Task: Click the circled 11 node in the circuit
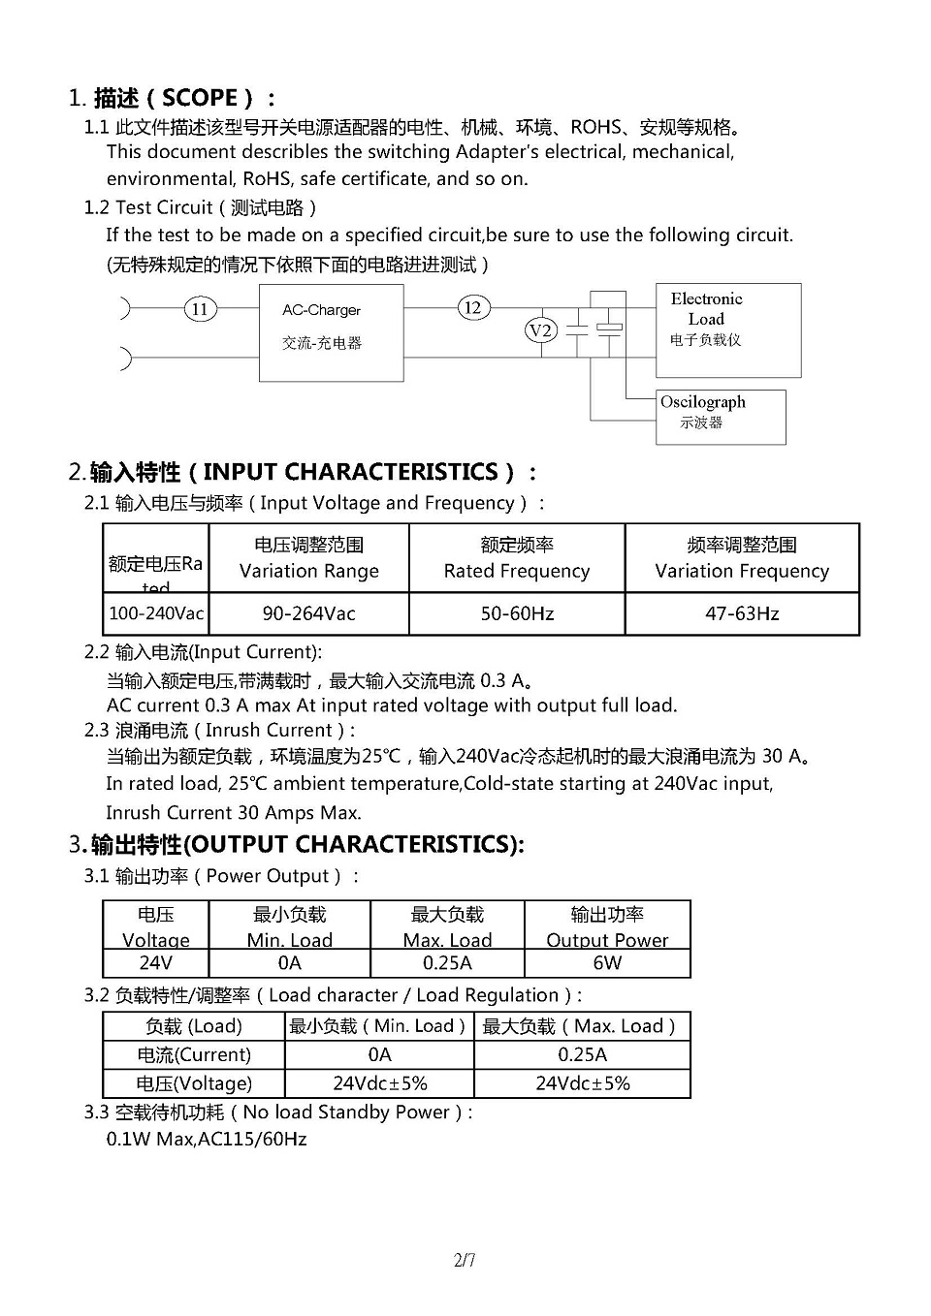point(200,309)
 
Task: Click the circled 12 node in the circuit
point(472,308)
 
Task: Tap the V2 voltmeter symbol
point(541,330)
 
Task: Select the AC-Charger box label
point(321,311)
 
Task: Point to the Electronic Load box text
point(706,309)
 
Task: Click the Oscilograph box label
point(703,402)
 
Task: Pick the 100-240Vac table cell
point(156,613)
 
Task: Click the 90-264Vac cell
point(308,613)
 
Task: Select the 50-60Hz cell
point(517,613)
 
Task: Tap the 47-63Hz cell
point(742,613)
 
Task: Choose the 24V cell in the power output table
point(156,963)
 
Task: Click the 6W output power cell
point(607,963)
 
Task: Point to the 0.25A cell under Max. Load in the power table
point(447,963)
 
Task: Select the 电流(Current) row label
point(194,1055)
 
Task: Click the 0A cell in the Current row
point(379,1055)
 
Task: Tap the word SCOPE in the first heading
point(200,98)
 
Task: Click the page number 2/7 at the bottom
point(465,1261)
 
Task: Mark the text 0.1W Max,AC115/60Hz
point(207,1140)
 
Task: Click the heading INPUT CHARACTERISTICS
point(350,472)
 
